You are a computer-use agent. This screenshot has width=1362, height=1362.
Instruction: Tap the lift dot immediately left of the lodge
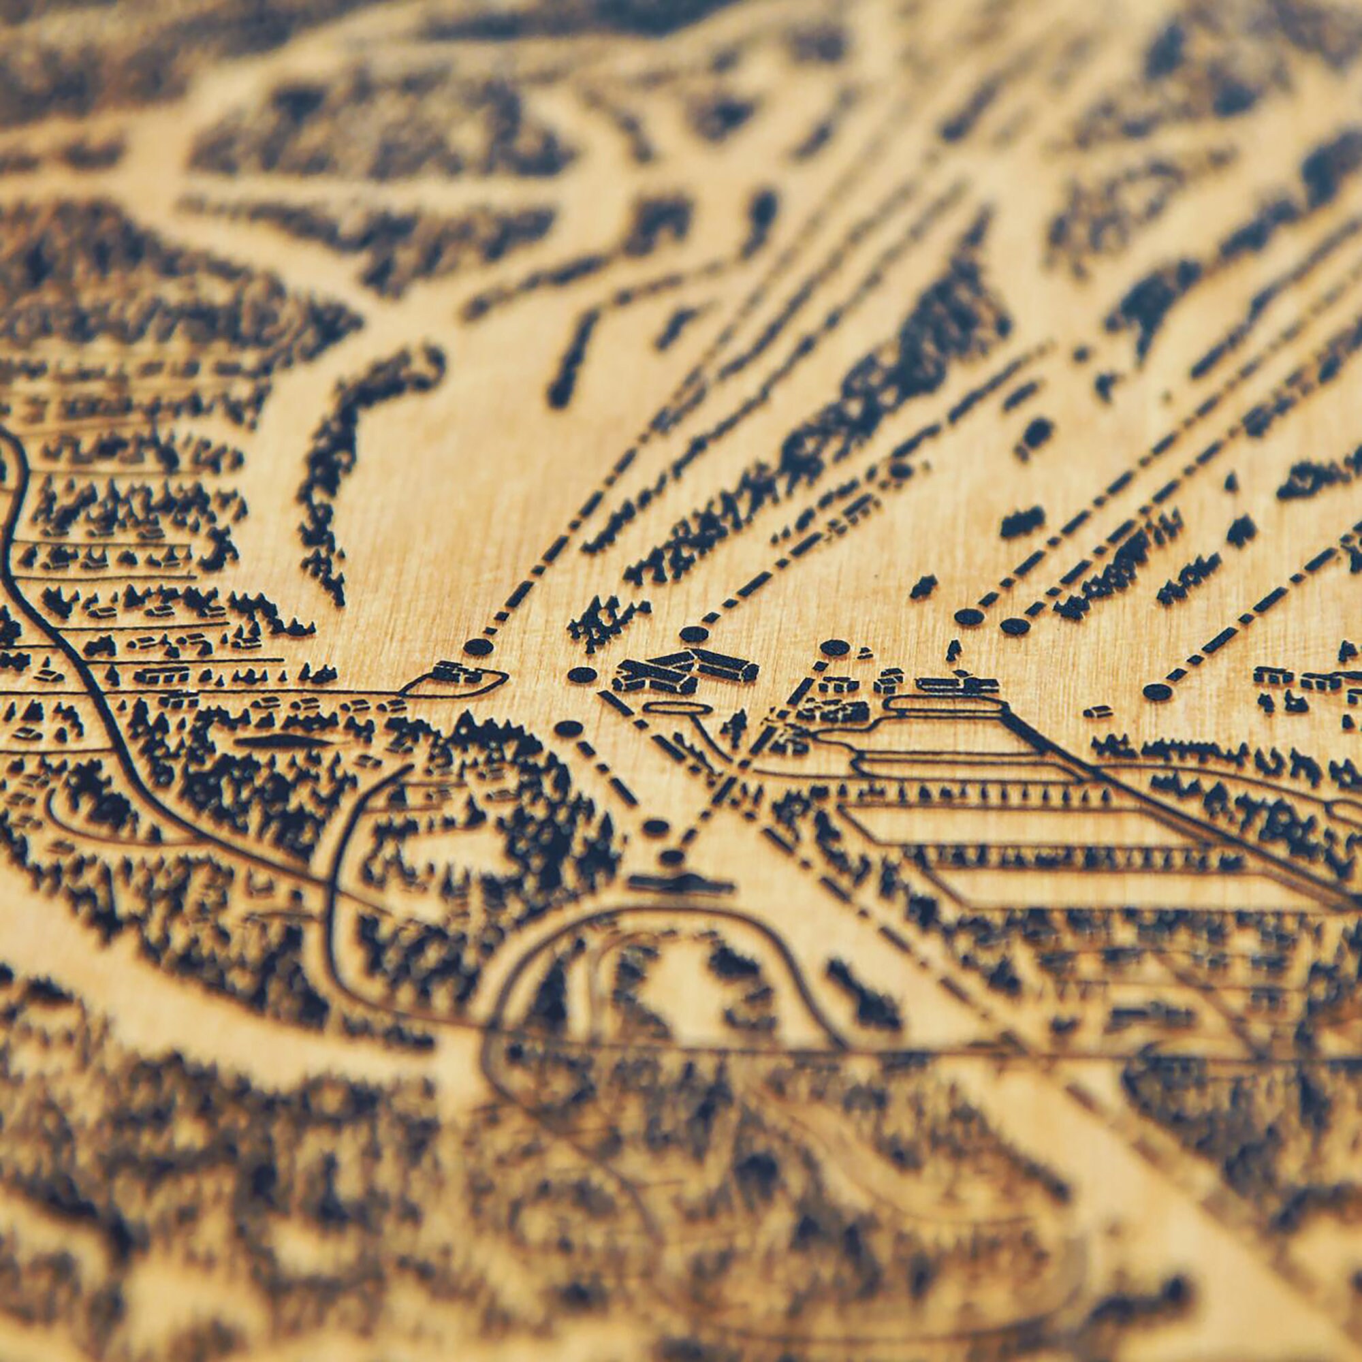click(582, 675)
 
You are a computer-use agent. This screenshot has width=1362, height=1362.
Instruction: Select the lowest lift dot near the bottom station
click(674, 857)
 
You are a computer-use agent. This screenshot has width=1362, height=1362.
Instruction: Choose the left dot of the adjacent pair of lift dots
click(968, 617)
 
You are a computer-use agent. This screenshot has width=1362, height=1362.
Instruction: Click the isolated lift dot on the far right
click(1157, 692)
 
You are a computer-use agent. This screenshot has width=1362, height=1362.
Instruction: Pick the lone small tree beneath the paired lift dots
click(953, 650)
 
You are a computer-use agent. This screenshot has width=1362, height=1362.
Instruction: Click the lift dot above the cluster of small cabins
click(834, 646)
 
